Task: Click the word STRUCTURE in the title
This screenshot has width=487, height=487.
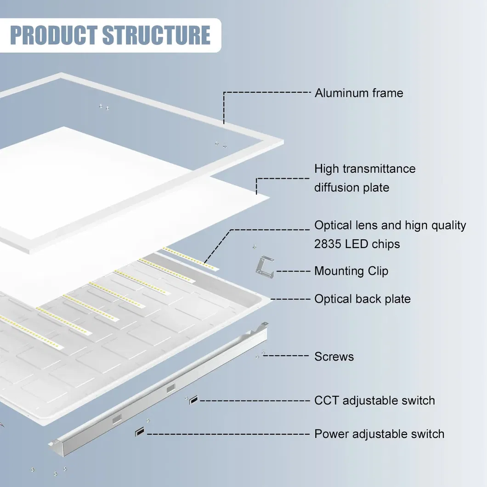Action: (x=157, y=35)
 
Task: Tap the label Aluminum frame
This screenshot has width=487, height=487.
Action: (x=359, y=93)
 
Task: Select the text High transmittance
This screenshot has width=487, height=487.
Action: (x=365, y=169)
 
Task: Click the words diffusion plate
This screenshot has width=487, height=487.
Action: (x=351, y=187)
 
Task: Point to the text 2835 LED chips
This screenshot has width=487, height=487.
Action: (x=357, y=244)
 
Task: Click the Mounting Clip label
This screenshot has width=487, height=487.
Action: (x=351, y=271)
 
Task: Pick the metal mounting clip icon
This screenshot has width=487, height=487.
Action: (x=264, y=266)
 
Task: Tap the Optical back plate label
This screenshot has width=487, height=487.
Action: (x=362, y=299)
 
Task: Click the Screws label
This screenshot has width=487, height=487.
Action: (x=334, y=357)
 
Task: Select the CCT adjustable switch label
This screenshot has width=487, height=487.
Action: (x=374, y=400)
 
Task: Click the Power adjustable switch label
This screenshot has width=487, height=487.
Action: (x=379, y=434)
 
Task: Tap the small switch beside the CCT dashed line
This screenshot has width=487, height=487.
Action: (x=194, y=400)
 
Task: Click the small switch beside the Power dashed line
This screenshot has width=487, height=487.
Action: (x=139, y=432)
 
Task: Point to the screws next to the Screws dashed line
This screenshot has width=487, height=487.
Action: (x=260, y=355)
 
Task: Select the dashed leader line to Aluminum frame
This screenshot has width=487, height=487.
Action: (x=266, y=92)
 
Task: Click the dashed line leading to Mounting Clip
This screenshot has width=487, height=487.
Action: (x=293, y=271)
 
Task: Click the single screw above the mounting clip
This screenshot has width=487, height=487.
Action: (x=254, y=247)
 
